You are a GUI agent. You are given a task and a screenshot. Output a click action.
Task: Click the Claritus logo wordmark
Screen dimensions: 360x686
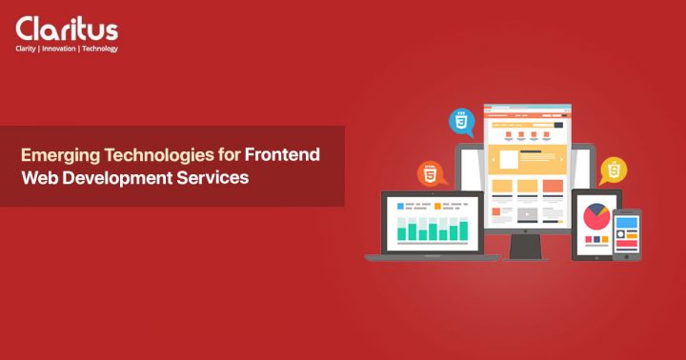coord(66,28)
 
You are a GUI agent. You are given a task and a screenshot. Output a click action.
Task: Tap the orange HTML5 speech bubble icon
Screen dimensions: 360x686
coord(431,174)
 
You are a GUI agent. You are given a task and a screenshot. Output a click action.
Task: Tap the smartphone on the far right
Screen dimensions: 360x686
coord(626,234)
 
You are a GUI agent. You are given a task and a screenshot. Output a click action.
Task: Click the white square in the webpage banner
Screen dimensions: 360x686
coord(508,159)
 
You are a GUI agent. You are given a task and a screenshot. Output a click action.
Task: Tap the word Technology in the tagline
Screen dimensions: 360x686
coord(99,49)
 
